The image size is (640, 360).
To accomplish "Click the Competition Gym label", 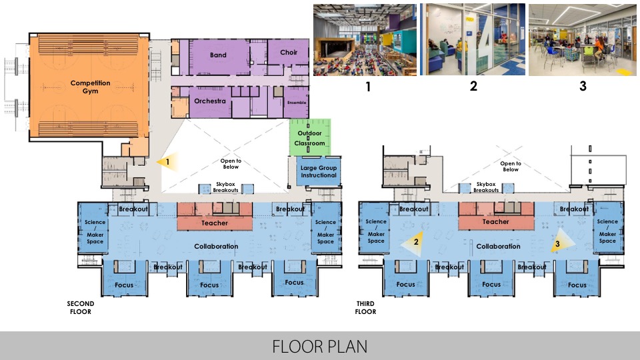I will pos(91,87).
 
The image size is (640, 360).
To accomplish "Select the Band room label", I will pos(217,55).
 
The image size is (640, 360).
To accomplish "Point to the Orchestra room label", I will pos(209,101).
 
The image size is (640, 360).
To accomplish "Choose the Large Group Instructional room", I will pos(318,171).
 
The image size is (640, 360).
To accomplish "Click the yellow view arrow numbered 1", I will pos(163,161).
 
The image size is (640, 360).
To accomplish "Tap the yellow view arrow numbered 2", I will pos(411,243).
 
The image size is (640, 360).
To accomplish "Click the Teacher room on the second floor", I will pos(215,223).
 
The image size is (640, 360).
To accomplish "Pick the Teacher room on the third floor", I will pos(495,222).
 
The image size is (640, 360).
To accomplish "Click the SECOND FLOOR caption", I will pos(80,307).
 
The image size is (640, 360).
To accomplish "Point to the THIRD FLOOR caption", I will pos(365,307).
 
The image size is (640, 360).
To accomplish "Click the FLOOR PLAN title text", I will pos(319,347).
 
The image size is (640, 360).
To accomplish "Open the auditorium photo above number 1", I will pos(364,39).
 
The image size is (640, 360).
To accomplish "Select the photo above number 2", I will pos(473,39).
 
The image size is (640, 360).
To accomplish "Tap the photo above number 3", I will pos(582,39).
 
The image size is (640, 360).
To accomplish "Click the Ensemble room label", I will pos(297,103).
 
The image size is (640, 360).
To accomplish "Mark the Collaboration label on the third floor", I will pos(497,247).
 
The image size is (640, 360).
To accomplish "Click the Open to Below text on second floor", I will pos(231,164).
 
